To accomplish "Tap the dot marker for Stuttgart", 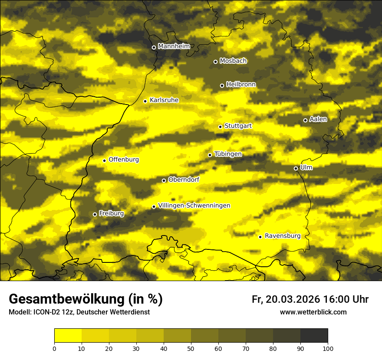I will (x=220, y=127).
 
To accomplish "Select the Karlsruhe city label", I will (x=164, y=100).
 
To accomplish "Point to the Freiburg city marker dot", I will (x=95, y=214).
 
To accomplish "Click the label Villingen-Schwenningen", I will (x=194, y=206).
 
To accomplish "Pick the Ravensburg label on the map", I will (x=283, y=236).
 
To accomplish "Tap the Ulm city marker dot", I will (x=296, y=168).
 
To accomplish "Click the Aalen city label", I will (x=318, y=119).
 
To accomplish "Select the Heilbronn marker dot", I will (x=222, y=85).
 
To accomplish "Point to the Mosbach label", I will (x=233, y=61).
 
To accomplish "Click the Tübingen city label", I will (x=228, y=154).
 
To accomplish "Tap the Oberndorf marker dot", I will (x=164, y=180).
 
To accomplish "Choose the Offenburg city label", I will (x=124, y=160).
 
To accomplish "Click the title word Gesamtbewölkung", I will (x=66, y=299).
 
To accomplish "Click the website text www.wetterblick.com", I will (x=313, y=312).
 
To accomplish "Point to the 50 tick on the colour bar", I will (x=191, y=348).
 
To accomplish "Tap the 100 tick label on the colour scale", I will (x=327, y=348).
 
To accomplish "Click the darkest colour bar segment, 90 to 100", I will (x=314, y=335).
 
